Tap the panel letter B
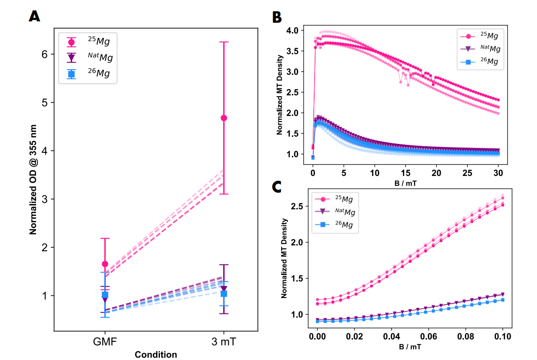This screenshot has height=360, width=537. click(x=277, y=17)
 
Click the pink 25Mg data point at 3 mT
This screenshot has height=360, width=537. click(x=224, y=118)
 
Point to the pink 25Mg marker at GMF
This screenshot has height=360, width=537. click(x=105, y=264)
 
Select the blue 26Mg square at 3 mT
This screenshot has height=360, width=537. click(x=224, y=294)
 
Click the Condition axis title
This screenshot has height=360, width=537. click(x=156, y=355)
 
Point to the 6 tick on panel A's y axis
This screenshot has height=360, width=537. click(x=45, y=54)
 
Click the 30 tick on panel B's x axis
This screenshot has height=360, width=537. click(x=498, y=172)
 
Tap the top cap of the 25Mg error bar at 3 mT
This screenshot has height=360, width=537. click(x=224, y=42)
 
